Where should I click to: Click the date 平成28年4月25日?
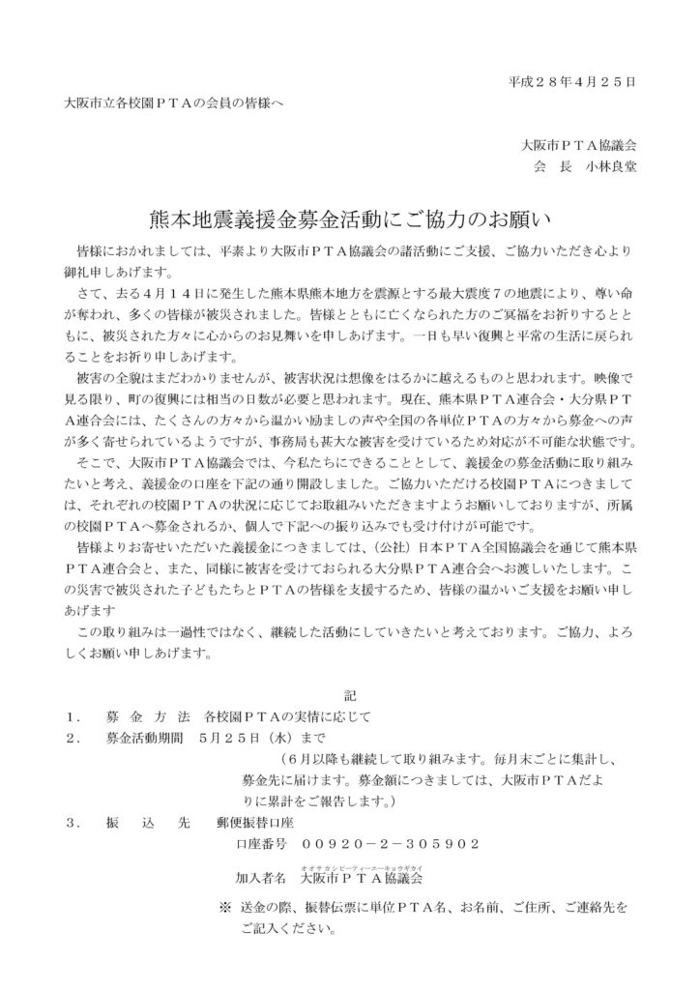[x=571, y=82]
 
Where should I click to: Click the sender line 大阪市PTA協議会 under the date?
[x=577, y=144]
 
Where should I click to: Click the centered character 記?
[x=350, y=695]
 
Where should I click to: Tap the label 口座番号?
[x=260, y=844]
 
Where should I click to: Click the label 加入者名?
[x=260, y=879]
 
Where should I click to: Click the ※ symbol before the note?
[x=225, y=909]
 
